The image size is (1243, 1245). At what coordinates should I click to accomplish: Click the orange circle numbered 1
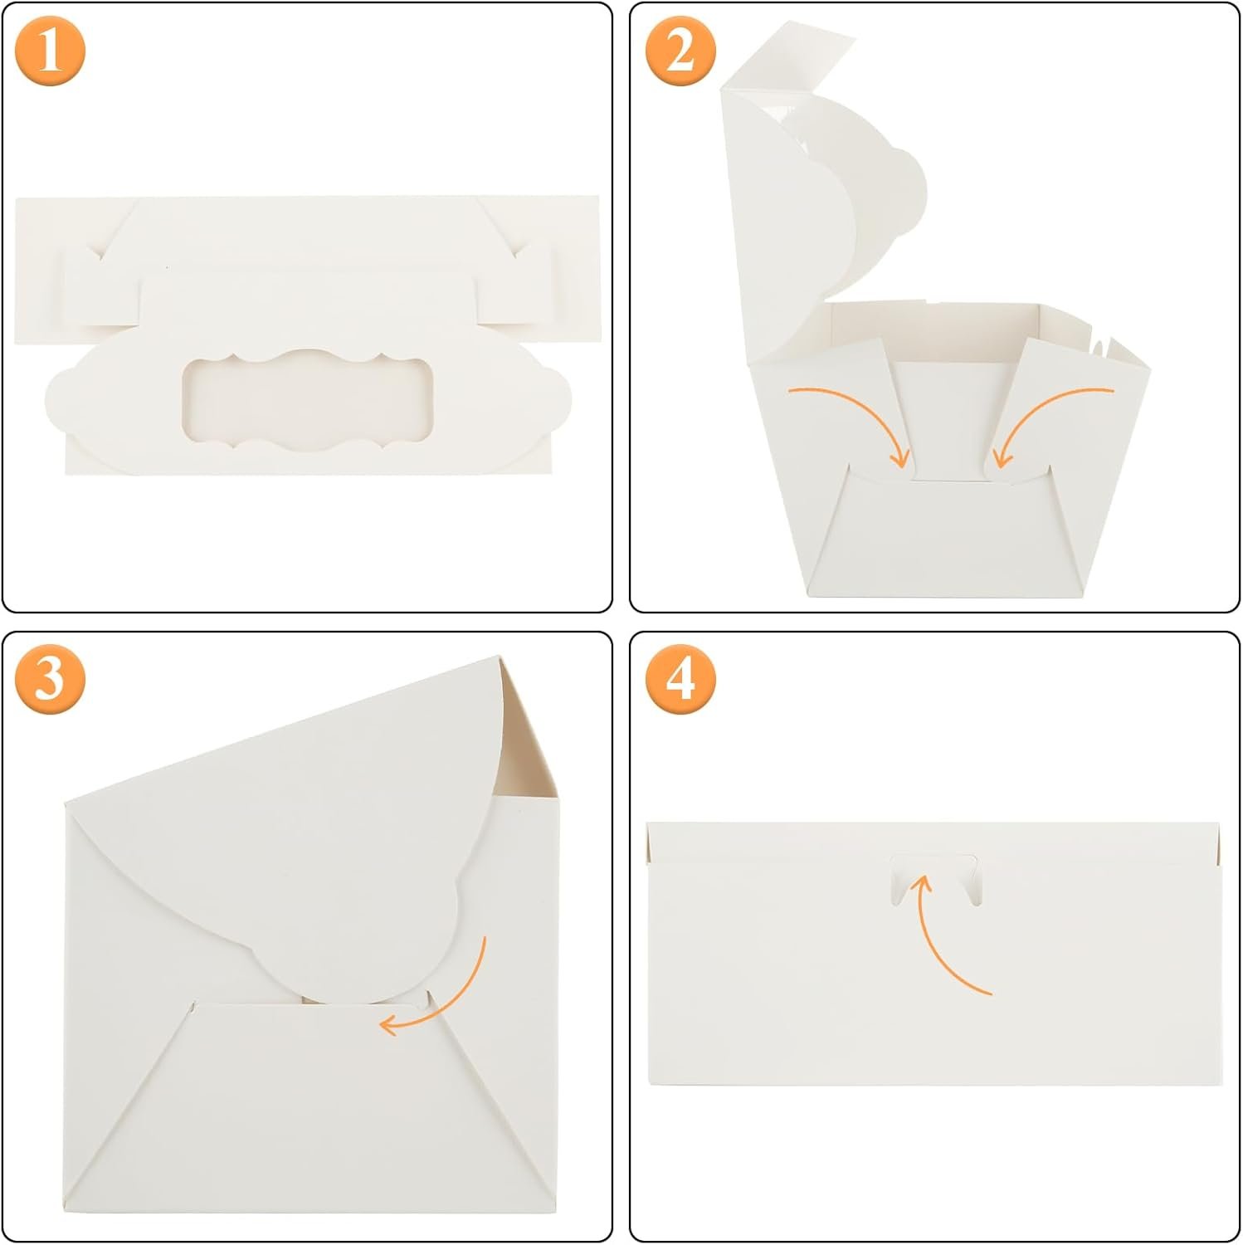pos(50,51)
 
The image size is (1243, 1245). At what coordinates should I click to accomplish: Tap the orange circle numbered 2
pos(680,51)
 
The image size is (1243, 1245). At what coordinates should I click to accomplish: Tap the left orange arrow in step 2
pos(855,419)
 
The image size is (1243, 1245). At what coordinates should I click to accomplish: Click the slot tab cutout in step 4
pos(934,876)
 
